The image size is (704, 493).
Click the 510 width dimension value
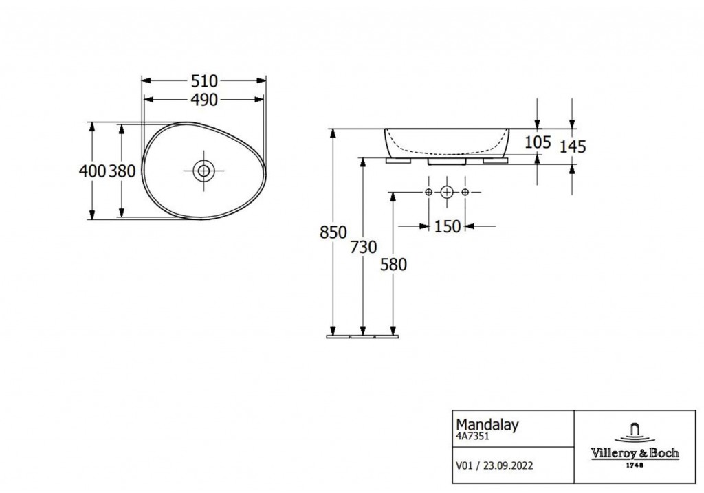pos(204,81)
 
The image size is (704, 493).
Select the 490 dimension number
pos(204,100)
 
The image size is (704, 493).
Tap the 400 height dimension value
pos(92,171)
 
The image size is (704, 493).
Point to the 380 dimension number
pos(122,171)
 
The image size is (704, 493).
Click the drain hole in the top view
pos(203,171)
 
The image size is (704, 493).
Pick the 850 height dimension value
pos(333,232)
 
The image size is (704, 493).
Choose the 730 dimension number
pos(364,247)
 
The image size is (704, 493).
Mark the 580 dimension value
pos(394,265)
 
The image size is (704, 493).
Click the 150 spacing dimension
pos(448,227)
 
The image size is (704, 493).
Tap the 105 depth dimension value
pos(538,142)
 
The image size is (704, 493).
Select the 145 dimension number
pos(573,147)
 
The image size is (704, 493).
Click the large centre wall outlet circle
pos(447,192)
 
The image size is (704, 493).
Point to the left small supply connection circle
pos(428,192)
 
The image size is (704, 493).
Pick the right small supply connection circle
pos(465,192)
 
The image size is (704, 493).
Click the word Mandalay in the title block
pos(487,425)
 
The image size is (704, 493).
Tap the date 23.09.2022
pos(508,466)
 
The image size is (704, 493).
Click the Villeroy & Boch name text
pos(635,453)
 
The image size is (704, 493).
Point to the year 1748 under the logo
pos(635,465)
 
